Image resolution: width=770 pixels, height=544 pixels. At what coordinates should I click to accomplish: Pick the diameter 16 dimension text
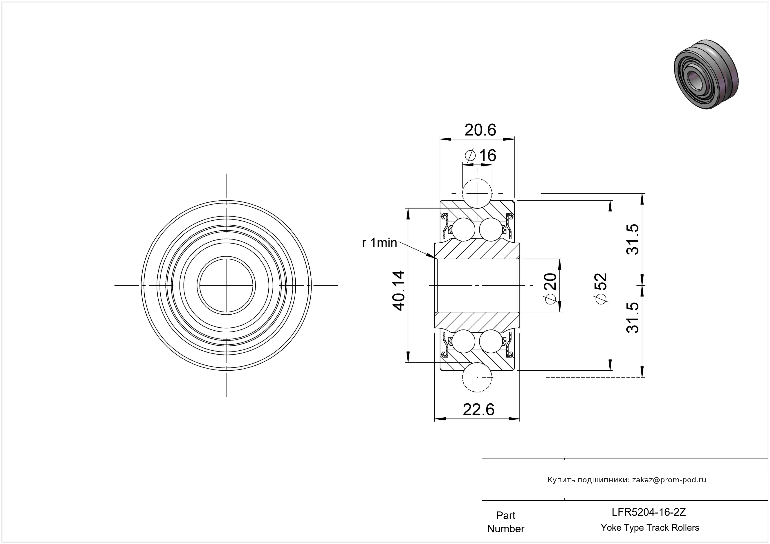tap(480, 156)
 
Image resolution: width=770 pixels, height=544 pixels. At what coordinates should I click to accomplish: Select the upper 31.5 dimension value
tap(633, 239)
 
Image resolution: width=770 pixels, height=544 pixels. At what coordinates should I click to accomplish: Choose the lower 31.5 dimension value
tap(633, 317)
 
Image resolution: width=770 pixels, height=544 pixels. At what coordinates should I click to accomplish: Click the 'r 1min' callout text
tap(379, 243)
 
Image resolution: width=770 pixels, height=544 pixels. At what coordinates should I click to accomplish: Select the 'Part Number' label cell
tap(506, 522)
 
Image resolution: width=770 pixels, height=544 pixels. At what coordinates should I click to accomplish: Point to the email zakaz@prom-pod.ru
tap(669, 480)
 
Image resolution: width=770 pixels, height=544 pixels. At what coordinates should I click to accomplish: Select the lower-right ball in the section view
tap(491, 341)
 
